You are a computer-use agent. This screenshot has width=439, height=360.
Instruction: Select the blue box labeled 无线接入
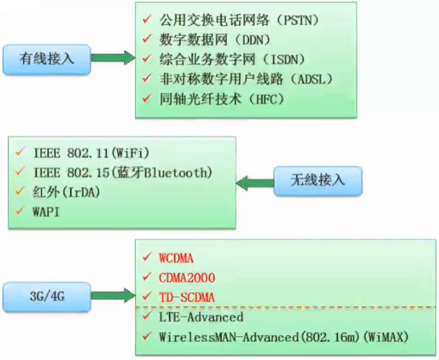coord(318,181)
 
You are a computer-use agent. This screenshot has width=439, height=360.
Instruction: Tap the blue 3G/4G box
coord(47,296)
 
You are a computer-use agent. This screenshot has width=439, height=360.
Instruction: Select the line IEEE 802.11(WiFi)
coord(92,153)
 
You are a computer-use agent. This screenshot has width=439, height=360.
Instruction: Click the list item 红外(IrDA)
coord(66,192)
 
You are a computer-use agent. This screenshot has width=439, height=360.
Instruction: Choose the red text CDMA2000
coord(186,278)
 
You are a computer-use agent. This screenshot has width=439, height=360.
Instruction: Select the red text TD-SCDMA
coord(186,298)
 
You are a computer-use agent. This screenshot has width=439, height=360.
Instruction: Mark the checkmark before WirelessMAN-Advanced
coord(146,337)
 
